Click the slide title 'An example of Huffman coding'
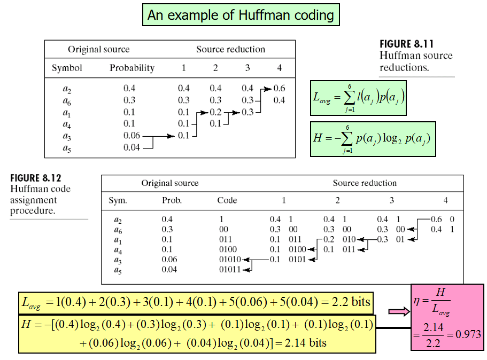click(x=241, y=15)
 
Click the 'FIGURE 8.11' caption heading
click(x=406, y=44)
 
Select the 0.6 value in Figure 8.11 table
click(x=279, y=88)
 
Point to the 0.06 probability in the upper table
click(x=132, y=136)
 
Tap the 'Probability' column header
click(x=132, y=68)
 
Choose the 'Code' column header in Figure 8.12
click(x=227, y=200)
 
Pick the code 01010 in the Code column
click(x=230, y=260)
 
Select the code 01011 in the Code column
click(x=230, y=270)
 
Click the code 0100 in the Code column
click(x=228, y=249)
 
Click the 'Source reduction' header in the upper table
click(x=230, y=49)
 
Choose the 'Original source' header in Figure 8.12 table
click(x=169, y=183)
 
